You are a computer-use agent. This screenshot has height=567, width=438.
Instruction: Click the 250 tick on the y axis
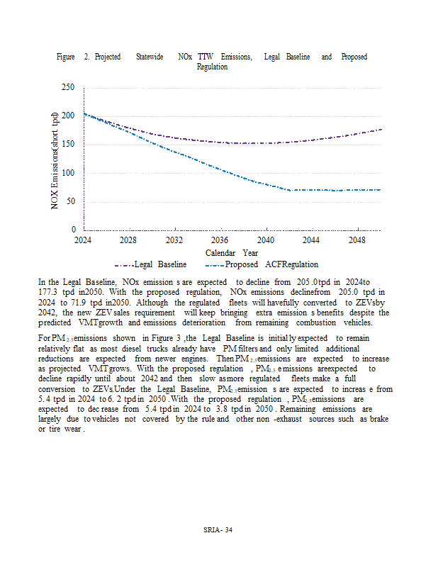coord(67,87)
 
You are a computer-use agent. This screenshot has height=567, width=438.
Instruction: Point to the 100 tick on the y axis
coord(67,173)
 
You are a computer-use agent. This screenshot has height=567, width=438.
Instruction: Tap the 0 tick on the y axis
coord(72,230)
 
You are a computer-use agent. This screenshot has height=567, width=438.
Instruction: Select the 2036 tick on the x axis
coord(220,240)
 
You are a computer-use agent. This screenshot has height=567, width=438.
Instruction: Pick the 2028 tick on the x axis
coord(128,240)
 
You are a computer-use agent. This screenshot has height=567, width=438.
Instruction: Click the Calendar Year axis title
coord(231,252)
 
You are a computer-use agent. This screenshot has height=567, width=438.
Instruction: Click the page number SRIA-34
coord(218,531)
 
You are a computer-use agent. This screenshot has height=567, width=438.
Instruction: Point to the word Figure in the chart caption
coord(66,57)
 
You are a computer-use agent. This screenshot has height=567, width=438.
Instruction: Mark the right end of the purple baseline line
coord(381,129)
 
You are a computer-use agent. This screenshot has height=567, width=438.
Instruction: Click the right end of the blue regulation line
coord(381,190)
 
